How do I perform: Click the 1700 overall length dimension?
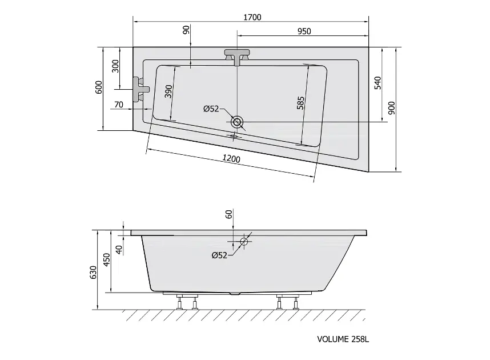(252, 17)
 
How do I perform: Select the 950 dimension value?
(304, 31)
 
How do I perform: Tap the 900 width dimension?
(391, 108)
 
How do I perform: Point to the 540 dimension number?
(378, 83)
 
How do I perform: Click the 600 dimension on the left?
(99, 87)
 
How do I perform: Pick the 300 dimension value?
(115, 66)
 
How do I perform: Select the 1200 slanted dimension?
(231, 159)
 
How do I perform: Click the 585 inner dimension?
(300, 103)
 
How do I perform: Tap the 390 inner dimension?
(168, 91)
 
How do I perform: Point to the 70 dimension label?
(119, 105)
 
